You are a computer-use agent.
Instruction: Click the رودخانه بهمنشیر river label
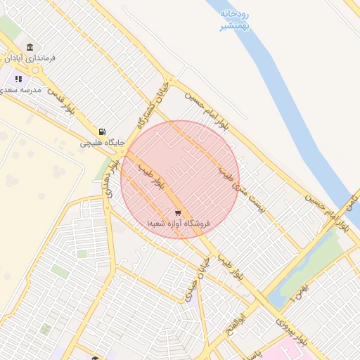coord(235,19)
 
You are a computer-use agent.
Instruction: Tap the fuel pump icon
coord(102,131)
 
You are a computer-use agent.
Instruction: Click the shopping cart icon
coord(179,212)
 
